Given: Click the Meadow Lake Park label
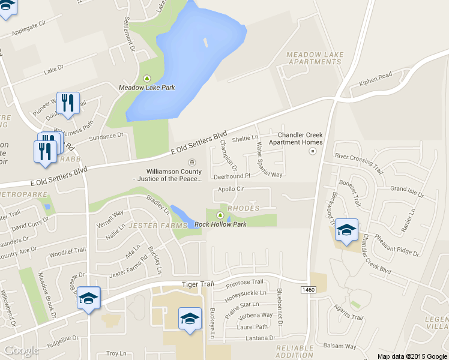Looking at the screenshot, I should pyautogui.click(x=146, y=88).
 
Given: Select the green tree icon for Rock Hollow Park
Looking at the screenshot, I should pyautogui.click(x=220, y=215).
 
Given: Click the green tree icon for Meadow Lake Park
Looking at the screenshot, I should pyautogui.click(x=148, y=78).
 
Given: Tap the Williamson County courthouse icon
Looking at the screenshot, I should pyautogui.click(x=192, y=163).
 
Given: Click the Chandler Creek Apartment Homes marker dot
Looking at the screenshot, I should pyautogui.click(x=312, y=151).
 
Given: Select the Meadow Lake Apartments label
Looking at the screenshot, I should pyautogui.click(x=315, y=58).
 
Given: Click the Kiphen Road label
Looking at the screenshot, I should pyautogui.click(x=375, y=79).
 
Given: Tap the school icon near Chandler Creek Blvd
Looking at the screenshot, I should pyautogui.click(x=346, y=230).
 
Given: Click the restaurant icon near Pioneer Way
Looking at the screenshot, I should pyautogui.click(x=68, y=103).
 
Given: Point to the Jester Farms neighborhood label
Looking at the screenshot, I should pyautogui.click(x=150, y=226).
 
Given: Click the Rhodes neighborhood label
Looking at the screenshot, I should pyautogui.click(x=244, y=208).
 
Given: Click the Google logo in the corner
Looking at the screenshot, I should pyautogui.click(x=22, y=350).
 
